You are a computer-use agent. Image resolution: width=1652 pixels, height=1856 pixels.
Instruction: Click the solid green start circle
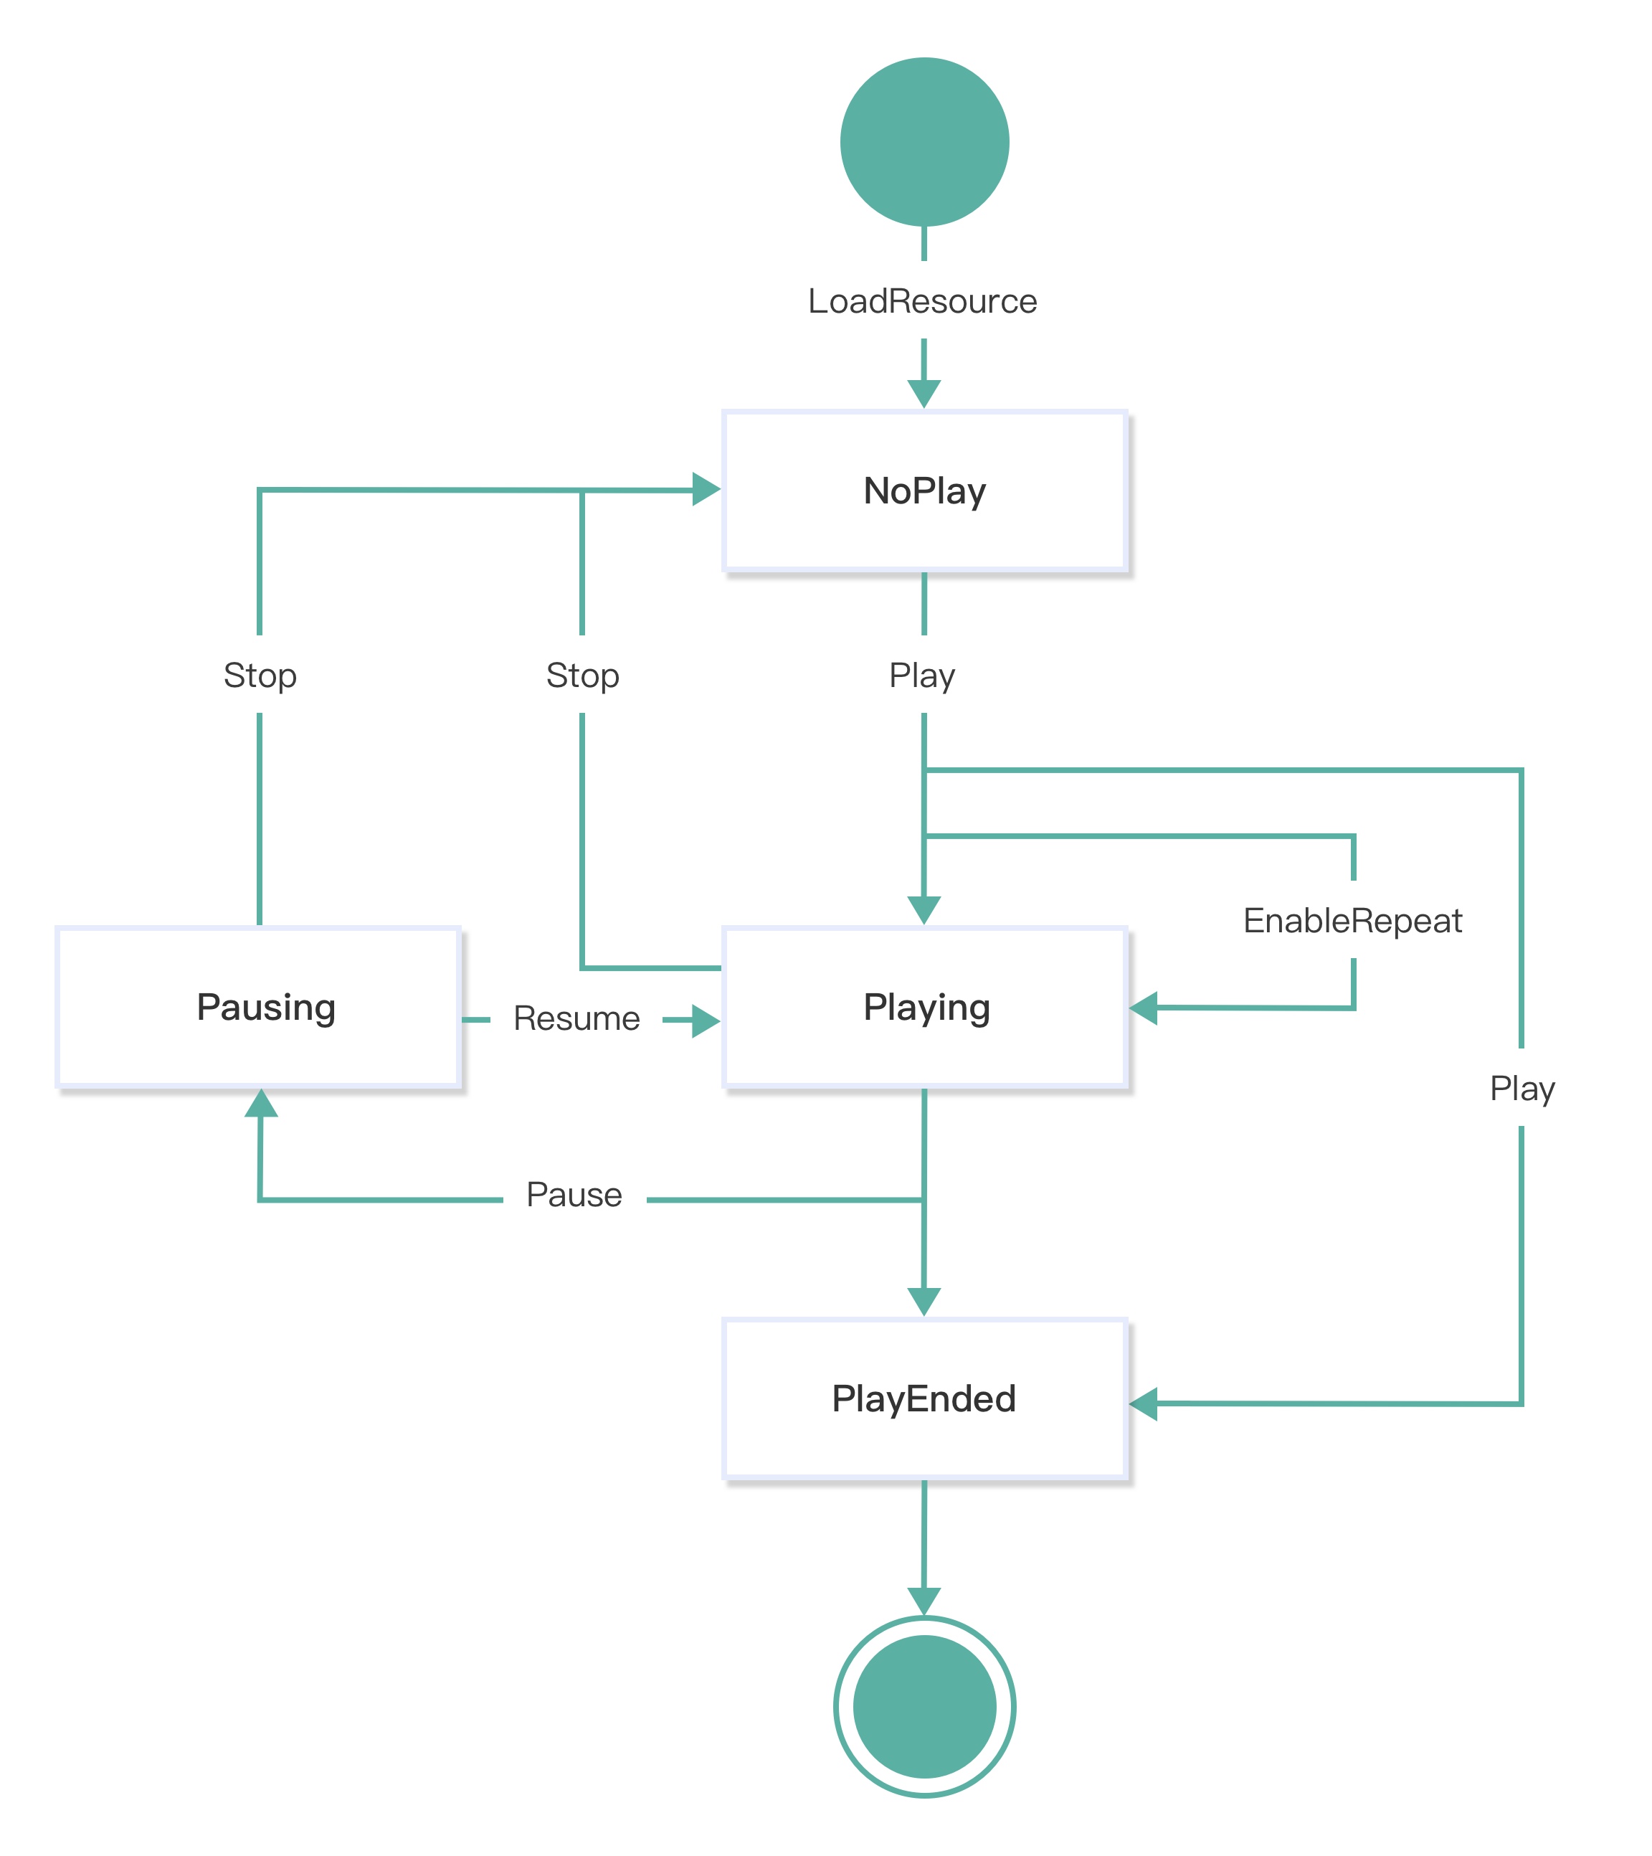point(924,142)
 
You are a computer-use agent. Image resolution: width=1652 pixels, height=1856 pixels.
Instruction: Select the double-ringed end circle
point(924,1706)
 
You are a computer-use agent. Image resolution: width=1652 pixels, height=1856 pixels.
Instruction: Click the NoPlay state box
point(924,491)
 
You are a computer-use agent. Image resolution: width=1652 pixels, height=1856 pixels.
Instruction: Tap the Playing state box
point(924,1007)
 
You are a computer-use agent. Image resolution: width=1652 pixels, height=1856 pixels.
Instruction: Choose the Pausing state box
point(260,1007)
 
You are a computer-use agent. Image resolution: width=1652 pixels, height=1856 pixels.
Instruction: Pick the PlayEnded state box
point(924,1398)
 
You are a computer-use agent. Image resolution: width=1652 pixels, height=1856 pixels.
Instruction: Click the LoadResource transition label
point(922,300)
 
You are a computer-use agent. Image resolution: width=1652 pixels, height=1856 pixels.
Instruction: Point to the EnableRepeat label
point(1352,920)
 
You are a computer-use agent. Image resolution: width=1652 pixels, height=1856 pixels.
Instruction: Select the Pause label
point(574,1195)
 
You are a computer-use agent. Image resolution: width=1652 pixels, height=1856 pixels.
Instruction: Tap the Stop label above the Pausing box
point(260,675)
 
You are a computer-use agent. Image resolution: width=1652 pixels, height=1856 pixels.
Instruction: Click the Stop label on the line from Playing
point(581,675)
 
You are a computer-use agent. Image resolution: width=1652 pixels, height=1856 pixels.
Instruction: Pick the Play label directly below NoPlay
point(922,675)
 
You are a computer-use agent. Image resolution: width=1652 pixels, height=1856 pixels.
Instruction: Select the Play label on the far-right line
point(1522,1088)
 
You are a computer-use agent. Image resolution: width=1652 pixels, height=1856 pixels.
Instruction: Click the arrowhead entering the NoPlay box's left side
point(706,488)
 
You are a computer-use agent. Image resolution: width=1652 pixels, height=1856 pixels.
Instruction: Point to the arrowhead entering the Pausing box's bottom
point(260,1103)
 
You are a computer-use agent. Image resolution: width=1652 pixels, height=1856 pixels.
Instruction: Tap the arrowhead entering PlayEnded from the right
point(1144,1403)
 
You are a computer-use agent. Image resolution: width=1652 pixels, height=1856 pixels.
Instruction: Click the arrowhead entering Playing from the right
point(1144,1007)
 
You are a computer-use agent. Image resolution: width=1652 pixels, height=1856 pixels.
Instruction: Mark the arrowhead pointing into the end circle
point(924,1601)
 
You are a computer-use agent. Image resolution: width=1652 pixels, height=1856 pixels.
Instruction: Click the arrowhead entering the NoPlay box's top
point(924,393)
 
